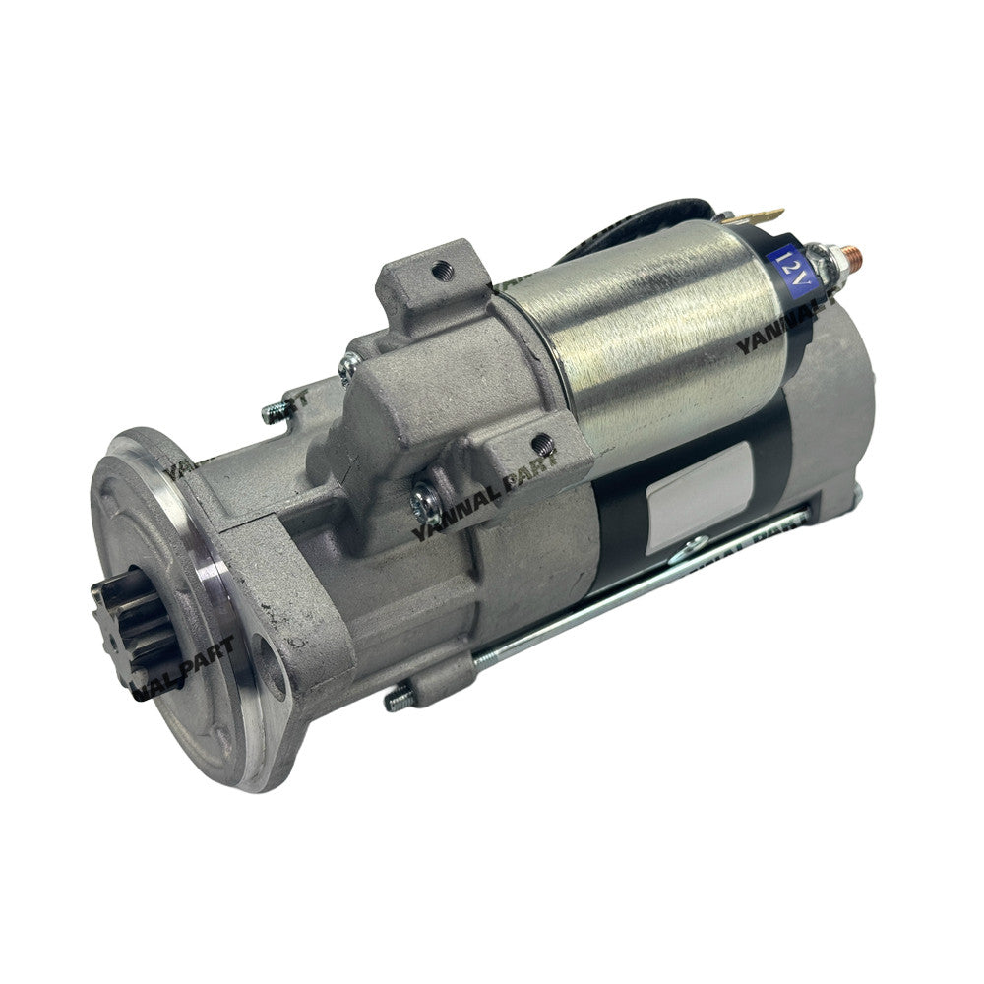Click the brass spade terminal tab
[x=763, y=215]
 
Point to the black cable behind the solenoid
[x=649, y=221]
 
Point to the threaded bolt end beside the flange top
[x=273, y=410]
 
